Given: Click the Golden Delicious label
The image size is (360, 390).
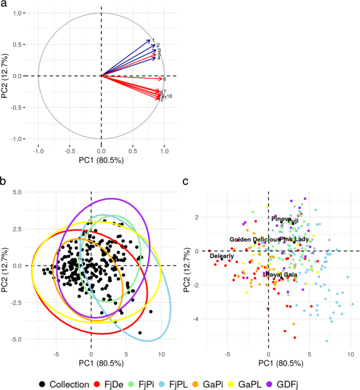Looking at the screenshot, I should (254, 240).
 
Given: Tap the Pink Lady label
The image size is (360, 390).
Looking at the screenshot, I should (294, 240).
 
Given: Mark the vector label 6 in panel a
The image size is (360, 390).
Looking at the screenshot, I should (164, 79).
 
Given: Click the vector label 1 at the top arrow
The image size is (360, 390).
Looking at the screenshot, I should (153, 40).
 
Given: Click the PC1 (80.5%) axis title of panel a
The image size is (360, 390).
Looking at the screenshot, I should (101, 160).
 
